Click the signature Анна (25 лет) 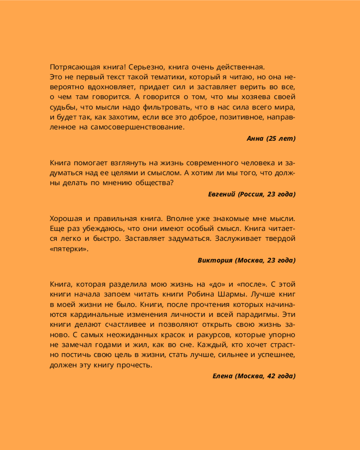(271, 139)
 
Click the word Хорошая (66, 219)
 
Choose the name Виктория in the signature (214, 260)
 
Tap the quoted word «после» (256, 284)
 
